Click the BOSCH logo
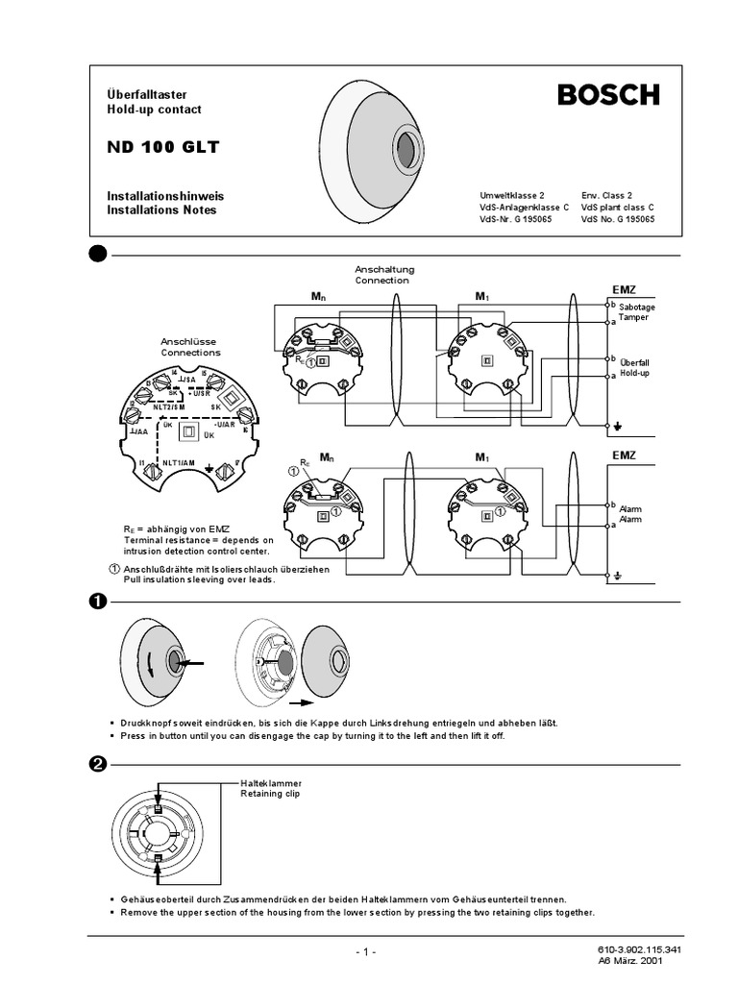tap(609, 95)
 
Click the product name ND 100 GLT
tap(162, 147)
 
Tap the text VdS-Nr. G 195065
tap(515, 219)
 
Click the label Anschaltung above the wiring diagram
tap(383, 270)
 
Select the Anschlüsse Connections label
tap(190, 347)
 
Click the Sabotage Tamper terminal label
tap(636, 310)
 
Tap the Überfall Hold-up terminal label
tap(635, 367)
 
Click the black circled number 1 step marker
tap(97, 602)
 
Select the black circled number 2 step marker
tap(97, 765)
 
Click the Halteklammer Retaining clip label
tap(272, 789)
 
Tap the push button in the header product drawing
tap(406, 151)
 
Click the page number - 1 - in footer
tap(365, 951)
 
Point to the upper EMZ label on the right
tap(624, 288)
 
